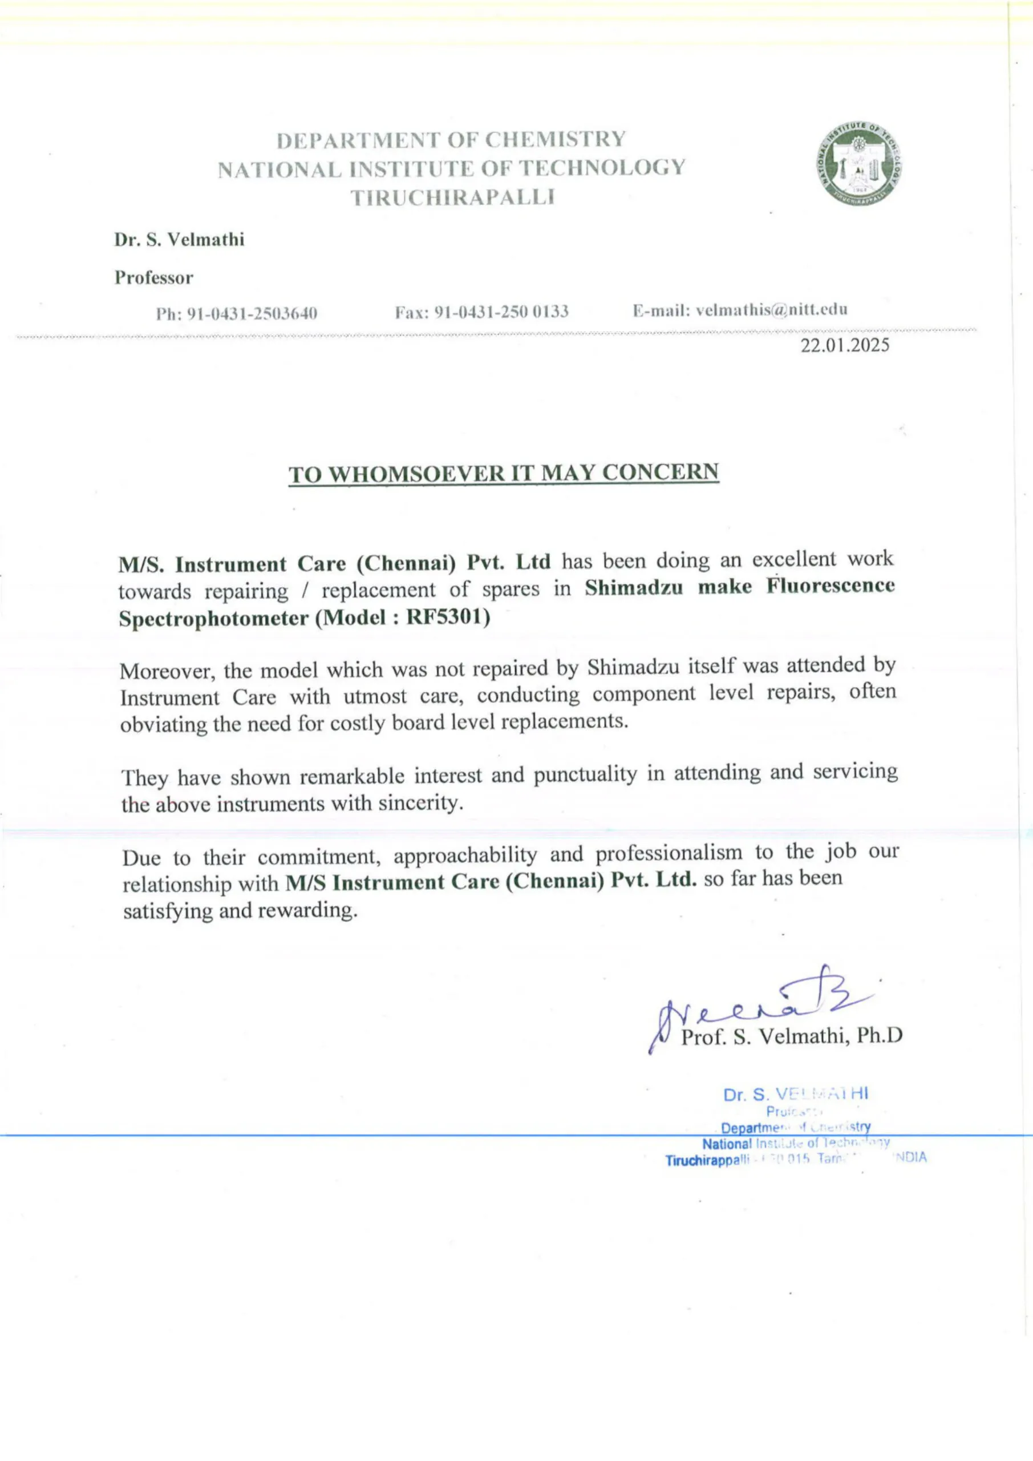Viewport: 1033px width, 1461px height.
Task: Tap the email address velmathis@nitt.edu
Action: pos(772,310)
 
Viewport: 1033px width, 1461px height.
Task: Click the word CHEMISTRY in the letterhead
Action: pos(556,139)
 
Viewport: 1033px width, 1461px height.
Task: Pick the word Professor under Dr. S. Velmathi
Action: pos(154,278)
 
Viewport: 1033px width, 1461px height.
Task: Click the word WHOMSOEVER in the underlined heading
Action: pos(415,474)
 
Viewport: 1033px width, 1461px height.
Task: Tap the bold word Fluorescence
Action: pos(830,586)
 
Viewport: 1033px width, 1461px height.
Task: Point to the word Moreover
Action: pos(167,671)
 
